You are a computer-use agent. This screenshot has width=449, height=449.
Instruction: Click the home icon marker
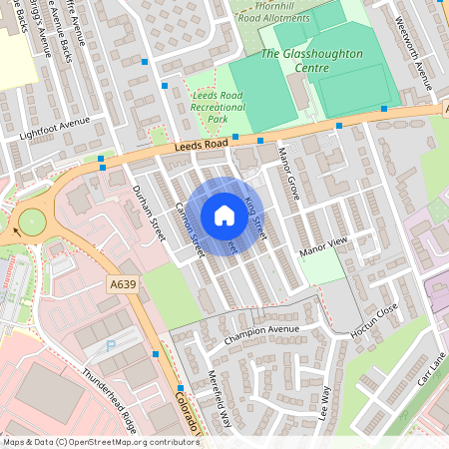[x=224, y=215]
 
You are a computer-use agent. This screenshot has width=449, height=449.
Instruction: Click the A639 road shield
[x=123, y=285]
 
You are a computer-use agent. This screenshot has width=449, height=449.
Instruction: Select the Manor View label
[x=323, y=242]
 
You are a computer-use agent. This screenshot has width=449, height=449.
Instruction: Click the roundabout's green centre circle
[x=31, y=220]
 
